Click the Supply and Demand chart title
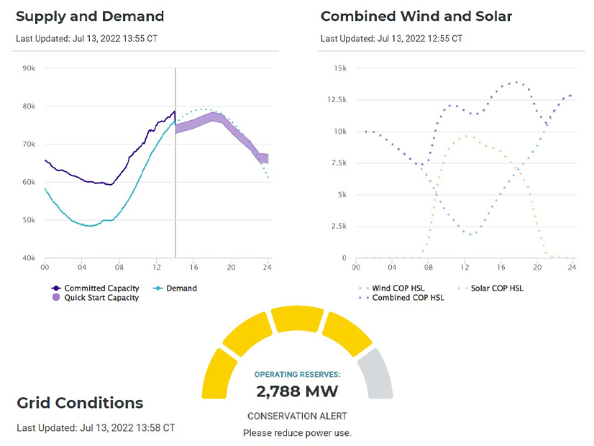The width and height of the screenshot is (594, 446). pyautogui.click(x=90, y=16)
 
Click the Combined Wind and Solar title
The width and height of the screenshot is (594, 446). pyautogui.click(x=416, y=16)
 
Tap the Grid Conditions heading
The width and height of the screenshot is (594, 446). pyautogui.click(x=80, y=403)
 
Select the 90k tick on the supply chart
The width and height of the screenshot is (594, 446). pyautogui.click(x=29, y=68)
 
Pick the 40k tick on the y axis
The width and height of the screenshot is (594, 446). pyautogui.click(x=29, y=258)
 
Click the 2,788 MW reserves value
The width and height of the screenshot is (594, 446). pyautogui.click(x=297, y=392)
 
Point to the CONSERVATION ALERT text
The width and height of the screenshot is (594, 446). pyautogui.click(x=297, y=417)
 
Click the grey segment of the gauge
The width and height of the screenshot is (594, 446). pyautogui.click(x=377, y=373)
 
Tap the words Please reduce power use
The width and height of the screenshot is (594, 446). pyautogui.click(x=297, y=433)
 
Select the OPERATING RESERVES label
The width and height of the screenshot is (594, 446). pyautogui.click(x=297, y=375)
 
